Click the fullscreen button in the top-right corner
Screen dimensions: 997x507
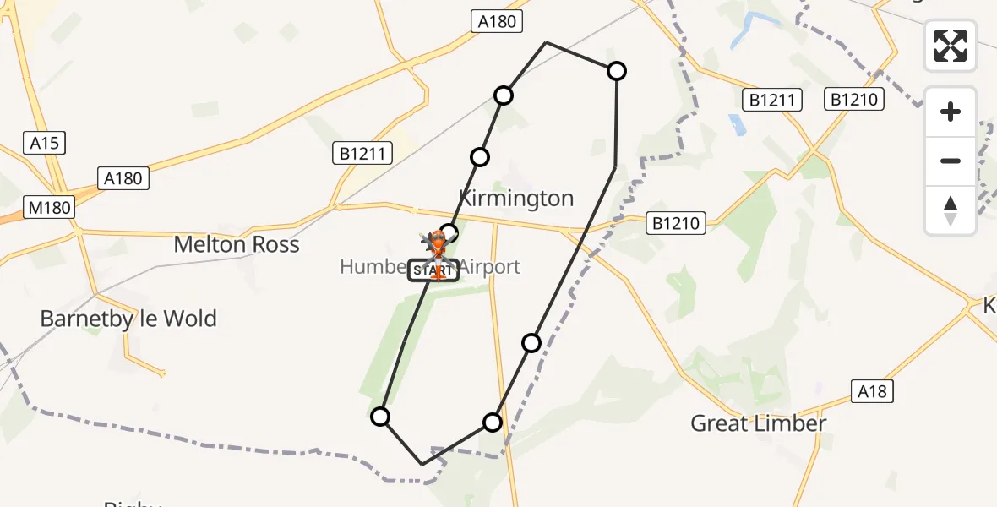coord(951,46)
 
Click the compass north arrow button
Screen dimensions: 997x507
coord(951,210)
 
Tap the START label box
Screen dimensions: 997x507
coord(433,270)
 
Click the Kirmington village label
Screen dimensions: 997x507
coord(515,199)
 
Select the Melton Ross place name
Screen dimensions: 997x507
coord(237,245)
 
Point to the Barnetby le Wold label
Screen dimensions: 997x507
coord(129,319)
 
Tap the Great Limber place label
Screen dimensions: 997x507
coord(758,423)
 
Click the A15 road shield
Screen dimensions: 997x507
coord(44,143)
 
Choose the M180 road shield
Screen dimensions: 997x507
coord(49,207)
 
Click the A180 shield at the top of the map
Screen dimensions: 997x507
coord(496,22)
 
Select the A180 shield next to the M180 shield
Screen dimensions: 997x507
coord(123,178)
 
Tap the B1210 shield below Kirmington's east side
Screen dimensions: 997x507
coord(676,223)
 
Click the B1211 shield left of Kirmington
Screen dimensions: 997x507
coord(362,154)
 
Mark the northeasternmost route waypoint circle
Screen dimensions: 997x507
coord(617,71)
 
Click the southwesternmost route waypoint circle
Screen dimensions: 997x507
coord(380,417)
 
